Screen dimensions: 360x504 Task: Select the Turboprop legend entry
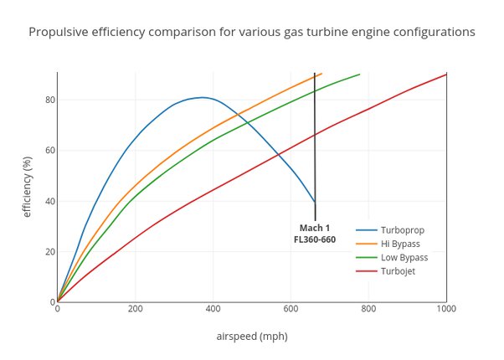pyautogui.click(x=401, y=229)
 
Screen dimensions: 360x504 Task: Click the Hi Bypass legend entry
pyautogui.click(x=400, y=244)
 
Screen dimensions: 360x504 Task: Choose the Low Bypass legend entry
pyautogui.click(x=404, y=257)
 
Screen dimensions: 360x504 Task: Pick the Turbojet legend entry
pyautogui.click(x=398, y=271)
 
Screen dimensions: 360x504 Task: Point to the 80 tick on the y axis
pyautogui.click(x=49, y=100)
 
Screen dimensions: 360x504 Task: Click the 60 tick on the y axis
pyautogui.click(x=49, y=151)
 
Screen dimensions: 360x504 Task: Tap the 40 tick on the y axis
pyautogui.click(x=49, y=201)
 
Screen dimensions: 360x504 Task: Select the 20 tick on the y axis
pyautogui.click(x=49, y=252)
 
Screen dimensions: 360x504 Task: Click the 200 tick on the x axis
pyautogui.click(x=135, y=309)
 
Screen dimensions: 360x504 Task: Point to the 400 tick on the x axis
pyautogui.click(x=213, y=309)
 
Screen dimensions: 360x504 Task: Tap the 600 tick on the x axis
pyautogui.click(x=291, y=309)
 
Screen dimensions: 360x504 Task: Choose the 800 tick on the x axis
pyautogui.click(x=368, y=309)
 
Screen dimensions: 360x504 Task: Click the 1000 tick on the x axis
pyautogui.click(x=445, y=309)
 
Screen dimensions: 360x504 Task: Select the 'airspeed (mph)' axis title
pyautogui.click(x=251, y=337)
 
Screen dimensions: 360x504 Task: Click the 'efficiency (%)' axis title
pyautogui.click(x=27, y=187)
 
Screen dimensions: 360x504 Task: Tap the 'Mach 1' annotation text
pyautogui.click(x=315, y=228)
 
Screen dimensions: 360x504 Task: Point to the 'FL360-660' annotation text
pyautogui.click(x=315, y=239)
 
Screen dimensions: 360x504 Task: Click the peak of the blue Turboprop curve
pyautogui.click(x=203, y=97)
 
